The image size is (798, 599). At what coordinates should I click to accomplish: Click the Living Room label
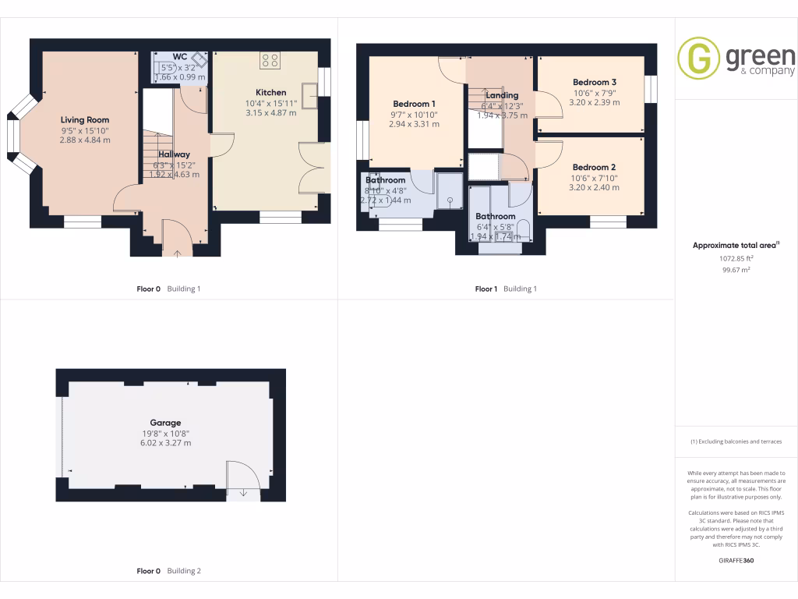tap(85, 119)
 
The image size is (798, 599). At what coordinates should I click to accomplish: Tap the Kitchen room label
tap(270, 92)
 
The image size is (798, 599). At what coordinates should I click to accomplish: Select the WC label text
tap(179, 57)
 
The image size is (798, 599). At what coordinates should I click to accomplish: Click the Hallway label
tap(174, 154)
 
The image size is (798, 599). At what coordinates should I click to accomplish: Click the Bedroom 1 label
tap(414, 104)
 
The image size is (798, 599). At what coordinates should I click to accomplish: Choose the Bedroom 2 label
tap(594, 167)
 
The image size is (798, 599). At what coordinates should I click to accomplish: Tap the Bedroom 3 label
tap(594, 82)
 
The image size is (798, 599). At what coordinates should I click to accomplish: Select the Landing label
tap(502, 95)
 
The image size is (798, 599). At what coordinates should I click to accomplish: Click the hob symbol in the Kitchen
tap(270, 60)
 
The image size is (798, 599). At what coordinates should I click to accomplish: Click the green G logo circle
tap(698, 58)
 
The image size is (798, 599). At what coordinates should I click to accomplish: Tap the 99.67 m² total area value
tap(735, 269)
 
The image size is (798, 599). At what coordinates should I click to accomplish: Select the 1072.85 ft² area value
tap(736, 257)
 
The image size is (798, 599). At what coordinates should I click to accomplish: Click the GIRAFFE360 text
tap(736, 560)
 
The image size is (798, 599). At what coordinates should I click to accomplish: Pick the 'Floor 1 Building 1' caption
tap(506, 289)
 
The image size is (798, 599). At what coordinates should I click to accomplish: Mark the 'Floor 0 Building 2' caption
tap(168, 571)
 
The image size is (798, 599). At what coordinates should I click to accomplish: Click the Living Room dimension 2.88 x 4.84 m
tap(85, 140)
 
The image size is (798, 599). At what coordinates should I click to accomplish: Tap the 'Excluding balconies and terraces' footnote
tap(736, 441)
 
